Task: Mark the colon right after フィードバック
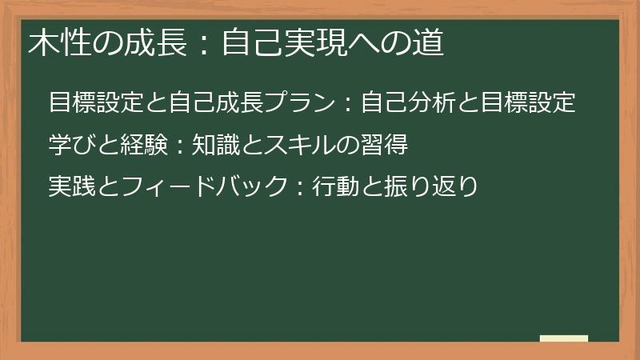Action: [298, 188]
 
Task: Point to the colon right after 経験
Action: [179, 146]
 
